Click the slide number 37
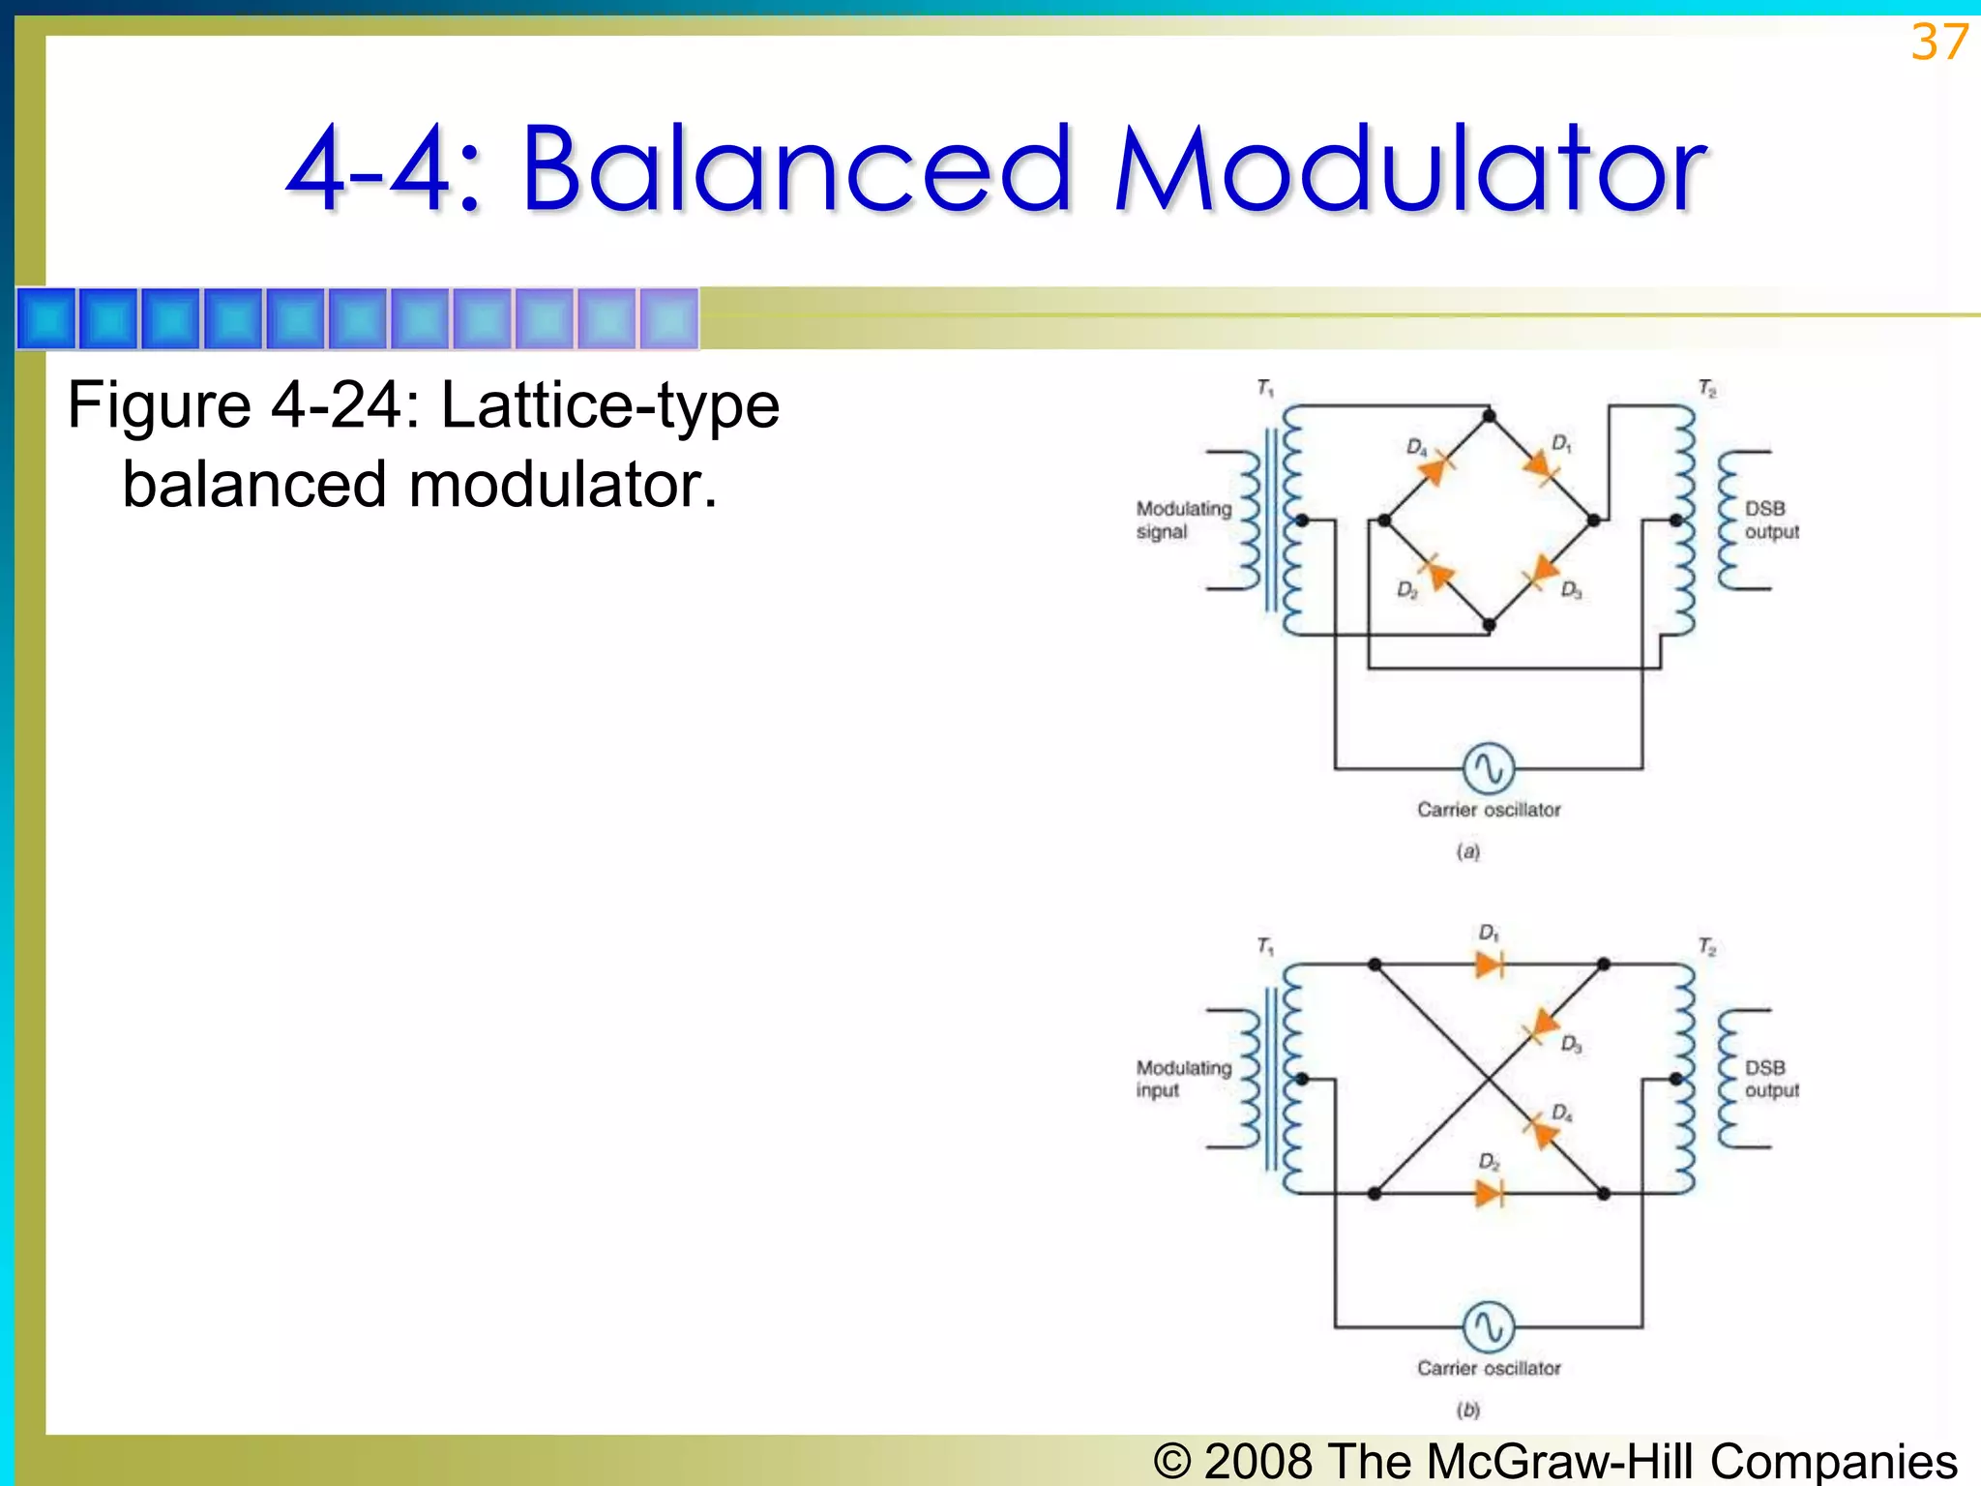click(x=1938, y=44)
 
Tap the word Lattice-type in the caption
click(x=609, y=404)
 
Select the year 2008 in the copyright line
click(x=1258, y=1460)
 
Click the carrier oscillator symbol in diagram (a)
click(x=1488, y=768)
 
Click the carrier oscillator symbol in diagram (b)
click(x=1488, y=1326)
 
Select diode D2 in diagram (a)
click(x=1438, y=573)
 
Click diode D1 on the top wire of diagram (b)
click(x=1489, y=964)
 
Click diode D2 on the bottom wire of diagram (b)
click(x=1489, y=1193)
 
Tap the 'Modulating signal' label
click(x=1182, y=520)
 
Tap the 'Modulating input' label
click(x=1182, y=1078)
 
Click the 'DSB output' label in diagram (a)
click(x=1770, y=520)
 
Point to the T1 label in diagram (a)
click(x=1265, y=388)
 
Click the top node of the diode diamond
click(x=1489, y=416)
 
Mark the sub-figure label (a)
click(x=1467, y=851)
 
